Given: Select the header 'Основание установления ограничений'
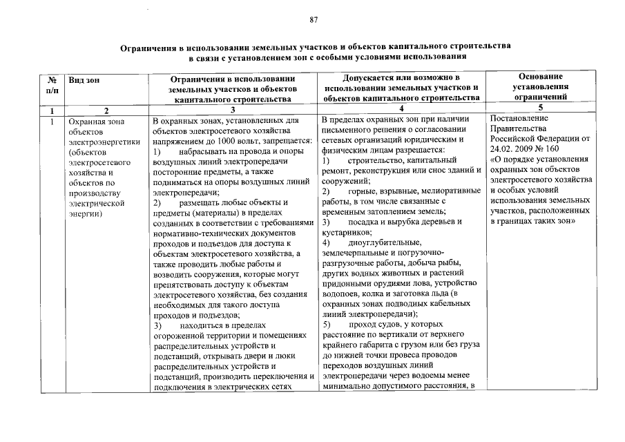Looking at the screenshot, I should pos(541,86).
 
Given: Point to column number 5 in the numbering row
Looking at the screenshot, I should pos(541,108).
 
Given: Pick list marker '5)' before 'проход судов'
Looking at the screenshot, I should pos(327,324).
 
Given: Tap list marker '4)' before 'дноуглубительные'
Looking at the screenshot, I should pos(327,242).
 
